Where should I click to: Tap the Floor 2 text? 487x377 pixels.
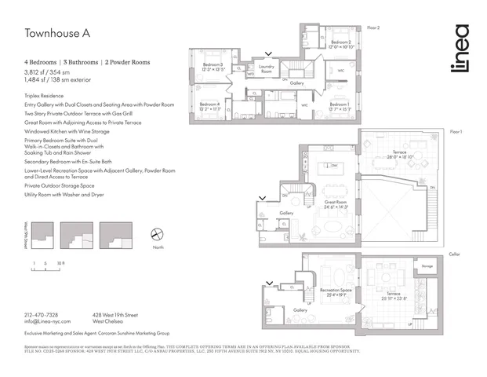[373, 27]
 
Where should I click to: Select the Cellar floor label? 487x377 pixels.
[455, 254]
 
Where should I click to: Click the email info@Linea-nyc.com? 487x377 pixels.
[47, 321]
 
